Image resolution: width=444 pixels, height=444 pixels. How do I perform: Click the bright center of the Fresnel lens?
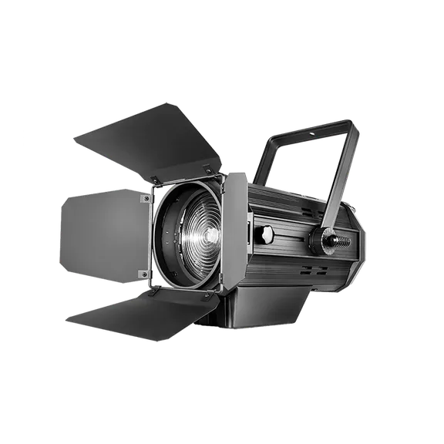(193, 234)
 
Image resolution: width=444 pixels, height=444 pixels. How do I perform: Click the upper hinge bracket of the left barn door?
(144, 200)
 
